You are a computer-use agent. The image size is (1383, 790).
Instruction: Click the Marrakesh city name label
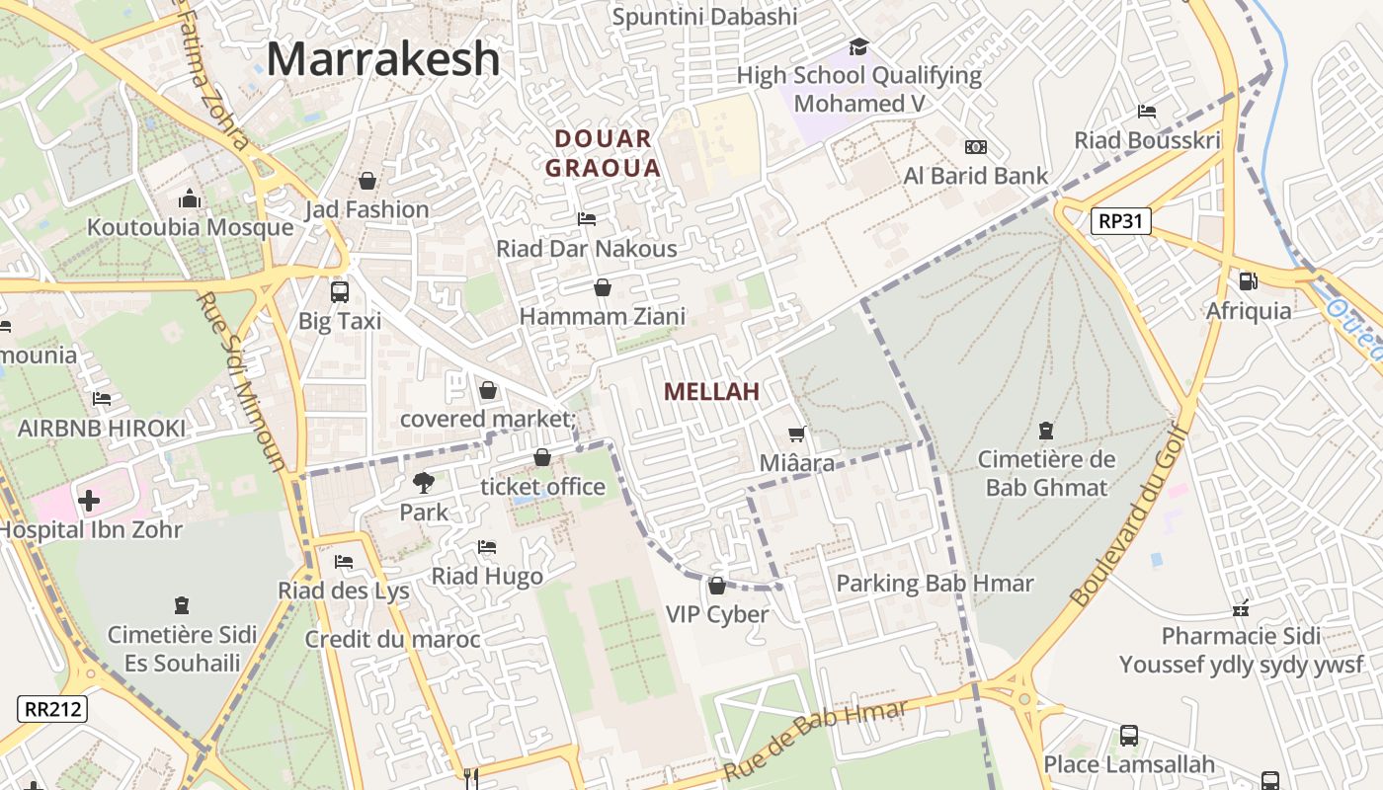(383, 58)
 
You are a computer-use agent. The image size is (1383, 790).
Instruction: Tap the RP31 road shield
(1122, 220)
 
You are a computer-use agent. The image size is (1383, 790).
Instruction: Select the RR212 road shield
(52, 708)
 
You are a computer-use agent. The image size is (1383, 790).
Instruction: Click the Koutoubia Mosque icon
(190, 199)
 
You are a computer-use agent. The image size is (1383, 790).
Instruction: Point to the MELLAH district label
(711, 392)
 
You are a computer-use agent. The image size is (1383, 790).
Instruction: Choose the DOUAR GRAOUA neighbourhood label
(603, 153)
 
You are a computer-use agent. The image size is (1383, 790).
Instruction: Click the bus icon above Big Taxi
(339, 291)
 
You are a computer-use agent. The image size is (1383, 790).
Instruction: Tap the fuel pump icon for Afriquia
(1249, 281)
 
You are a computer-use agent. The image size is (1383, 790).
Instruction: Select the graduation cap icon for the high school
(858, 46)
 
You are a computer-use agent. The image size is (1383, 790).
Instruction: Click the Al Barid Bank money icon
(976, 147)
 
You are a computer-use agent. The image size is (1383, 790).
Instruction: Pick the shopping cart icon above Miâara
(797, 434)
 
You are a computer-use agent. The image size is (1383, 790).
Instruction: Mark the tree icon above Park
(424, 483)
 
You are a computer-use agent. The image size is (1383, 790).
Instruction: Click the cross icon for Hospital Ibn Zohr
(89, 501)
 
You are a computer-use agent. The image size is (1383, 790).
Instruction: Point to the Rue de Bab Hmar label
(815, 742)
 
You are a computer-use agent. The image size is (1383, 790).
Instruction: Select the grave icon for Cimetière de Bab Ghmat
(1046, 431)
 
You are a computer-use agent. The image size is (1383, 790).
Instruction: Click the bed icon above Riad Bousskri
(1147, 111)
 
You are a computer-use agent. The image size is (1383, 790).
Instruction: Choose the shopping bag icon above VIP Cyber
(717, 586)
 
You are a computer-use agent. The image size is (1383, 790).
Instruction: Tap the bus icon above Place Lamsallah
(1128, 736)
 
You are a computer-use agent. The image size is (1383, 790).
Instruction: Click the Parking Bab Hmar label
(935, 584)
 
